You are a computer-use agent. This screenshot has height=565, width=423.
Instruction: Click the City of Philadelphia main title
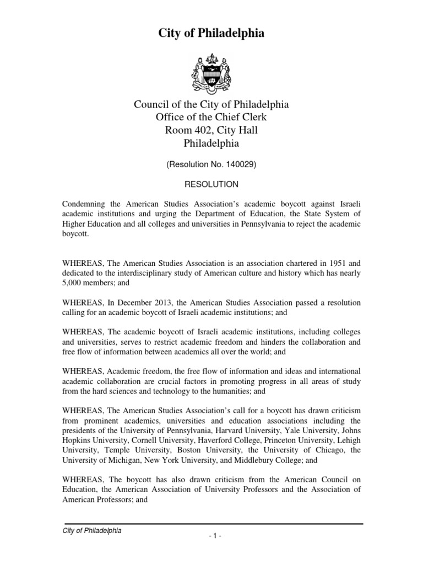211,34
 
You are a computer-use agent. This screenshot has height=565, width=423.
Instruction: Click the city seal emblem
211,72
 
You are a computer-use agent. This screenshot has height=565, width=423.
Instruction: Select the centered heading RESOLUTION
211,183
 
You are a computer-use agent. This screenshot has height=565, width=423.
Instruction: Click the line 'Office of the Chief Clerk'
211,117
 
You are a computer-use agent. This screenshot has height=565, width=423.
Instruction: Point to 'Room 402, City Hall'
211,130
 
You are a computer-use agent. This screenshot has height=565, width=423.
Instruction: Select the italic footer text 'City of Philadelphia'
91,531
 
